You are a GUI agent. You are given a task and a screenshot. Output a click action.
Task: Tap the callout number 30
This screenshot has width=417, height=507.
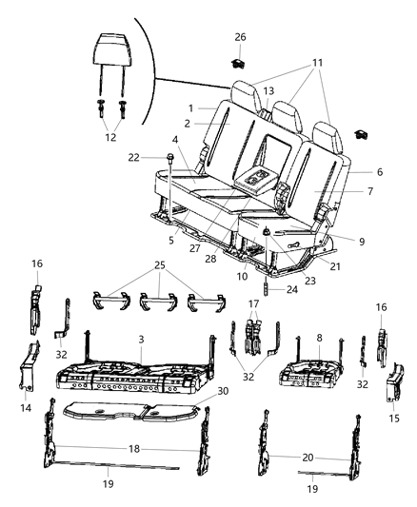[x=223, y=390]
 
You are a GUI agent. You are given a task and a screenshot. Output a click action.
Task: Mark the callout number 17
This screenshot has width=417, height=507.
[x=251, y=305]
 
